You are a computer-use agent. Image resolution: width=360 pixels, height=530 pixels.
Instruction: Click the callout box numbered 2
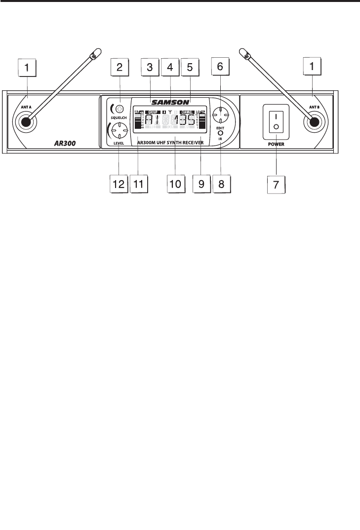120,68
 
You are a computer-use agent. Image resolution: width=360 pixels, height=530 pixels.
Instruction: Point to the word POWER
276,146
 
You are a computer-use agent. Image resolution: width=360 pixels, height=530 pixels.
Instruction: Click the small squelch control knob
119,108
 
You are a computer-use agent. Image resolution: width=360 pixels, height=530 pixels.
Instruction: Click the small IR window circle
220,133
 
